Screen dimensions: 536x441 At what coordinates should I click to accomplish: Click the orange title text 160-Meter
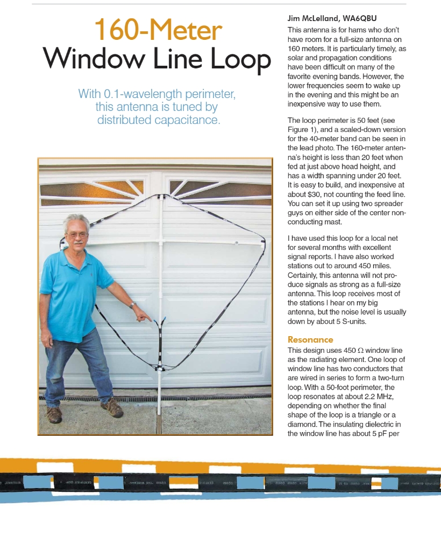point(158,30)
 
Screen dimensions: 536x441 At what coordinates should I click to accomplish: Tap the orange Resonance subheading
point(310,340)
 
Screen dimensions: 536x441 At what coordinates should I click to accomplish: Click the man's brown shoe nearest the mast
point(112,408)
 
